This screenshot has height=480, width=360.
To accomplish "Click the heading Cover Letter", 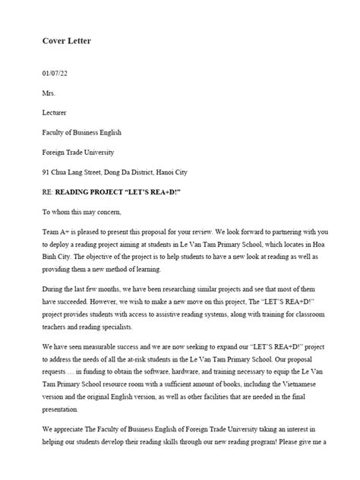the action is point(66,40).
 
